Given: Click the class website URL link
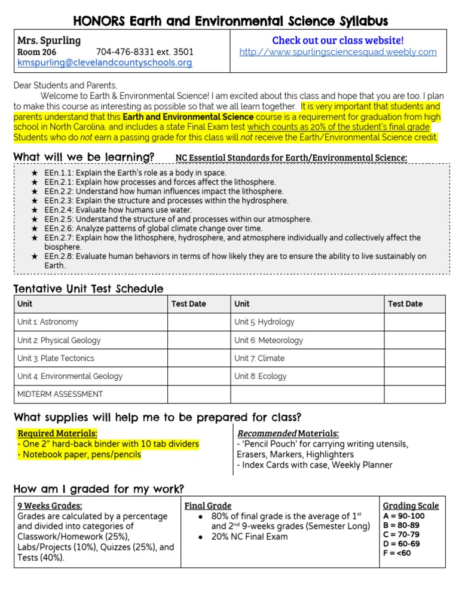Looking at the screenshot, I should tap(338, 52).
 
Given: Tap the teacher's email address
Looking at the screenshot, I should tap(105, 62).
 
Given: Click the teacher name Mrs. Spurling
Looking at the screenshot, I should tap(49, 41).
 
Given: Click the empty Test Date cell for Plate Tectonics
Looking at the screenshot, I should tap(198, 359).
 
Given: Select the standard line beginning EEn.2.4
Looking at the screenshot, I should tap(118, 210).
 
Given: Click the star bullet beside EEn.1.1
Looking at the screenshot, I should tap(35, 173).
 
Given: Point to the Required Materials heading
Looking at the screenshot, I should tap(57, 433).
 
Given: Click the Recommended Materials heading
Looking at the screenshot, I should tap(288, 433).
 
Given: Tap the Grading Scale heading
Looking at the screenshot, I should tap(411, 506).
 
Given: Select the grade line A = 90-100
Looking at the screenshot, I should tap(403, 516).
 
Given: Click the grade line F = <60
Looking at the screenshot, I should tap(397, 553).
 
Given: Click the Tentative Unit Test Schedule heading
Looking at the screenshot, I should tap(88, 289).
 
